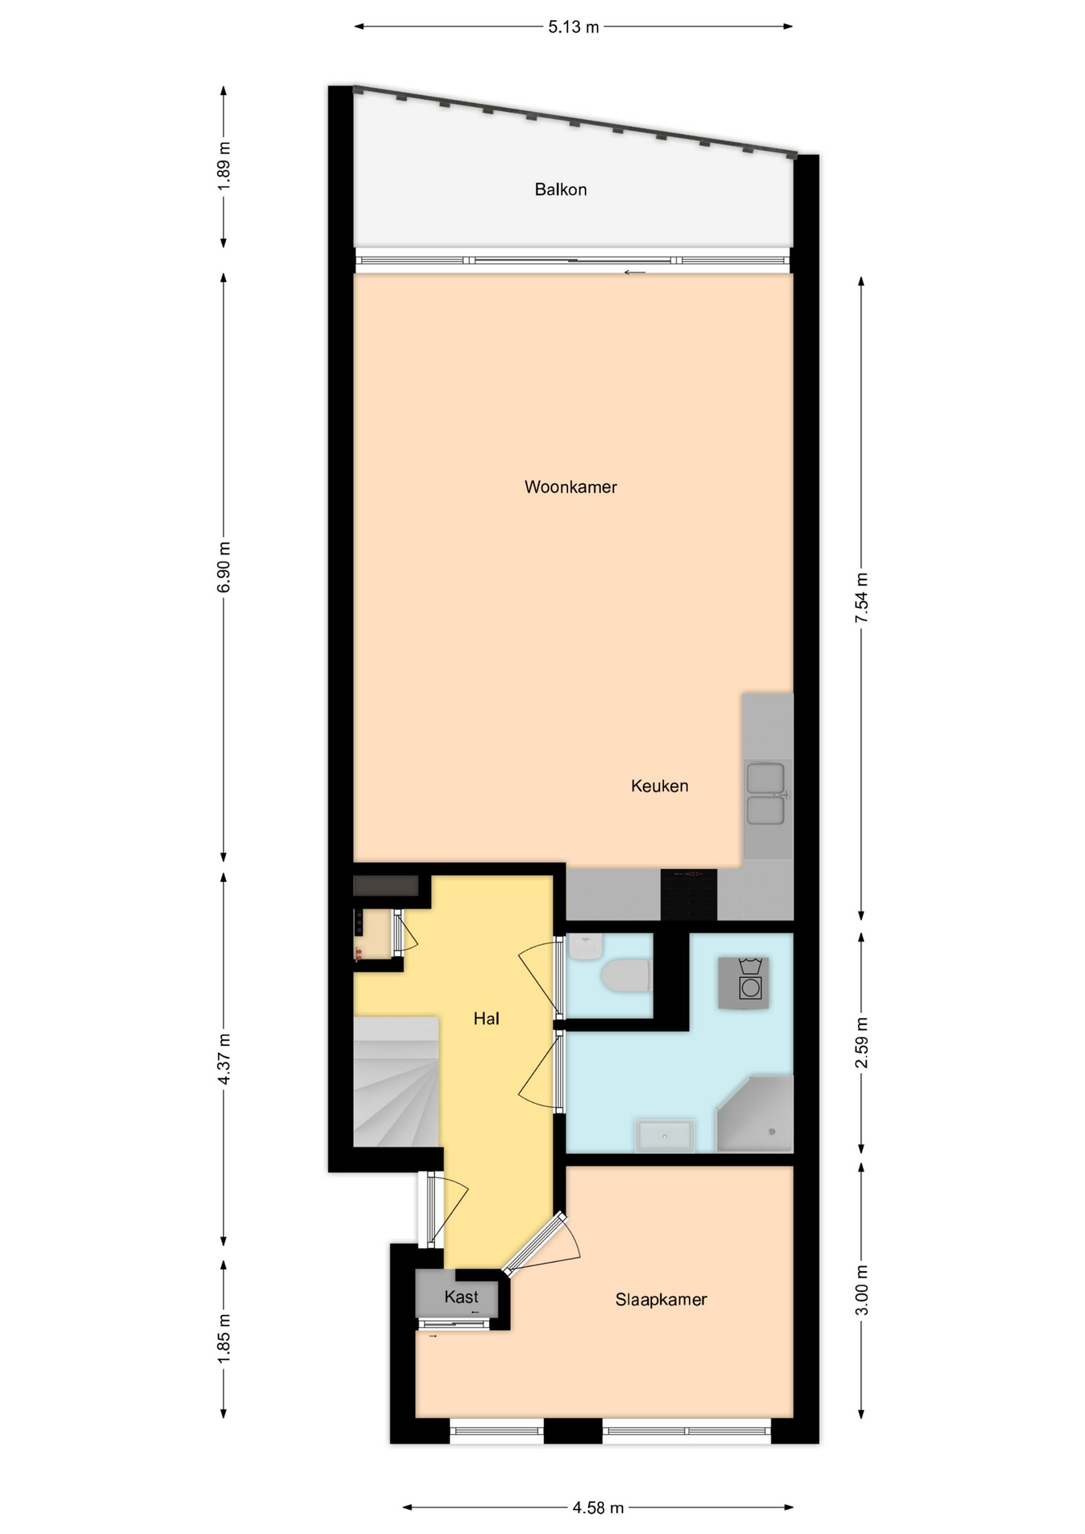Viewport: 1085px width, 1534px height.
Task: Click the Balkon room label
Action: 560,189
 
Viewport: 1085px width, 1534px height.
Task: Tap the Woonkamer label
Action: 570,487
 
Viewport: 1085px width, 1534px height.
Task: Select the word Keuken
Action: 659,785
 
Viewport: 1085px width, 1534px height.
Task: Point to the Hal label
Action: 486,1018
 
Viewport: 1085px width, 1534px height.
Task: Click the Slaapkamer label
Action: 661,1299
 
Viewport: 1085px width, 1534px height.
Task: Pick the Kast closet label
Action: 461,1297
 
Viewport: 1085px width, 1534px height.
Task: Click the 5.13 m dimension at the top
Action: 573,27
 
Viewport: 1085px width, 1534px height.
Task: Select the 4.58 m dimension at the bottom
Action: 598,1508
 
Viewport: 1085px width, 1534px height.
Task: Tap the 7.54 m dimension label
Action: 861,598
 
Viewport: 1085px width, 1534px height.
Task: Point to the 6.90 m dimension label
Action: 224,567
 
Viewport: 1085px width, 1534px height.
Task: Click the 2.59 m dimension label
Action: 861,1043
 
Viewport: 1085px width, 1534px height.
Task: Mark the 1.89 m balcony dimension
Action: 224,166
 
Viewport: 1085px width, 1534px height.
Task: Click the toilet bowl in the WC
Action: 626,976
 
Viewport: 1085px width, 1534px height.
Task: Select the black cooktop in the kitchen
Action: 689,895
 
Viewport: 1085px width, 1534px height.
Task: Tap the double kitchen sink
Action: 765,794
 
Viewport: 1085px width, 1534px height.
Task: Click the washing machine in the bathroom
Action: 744,983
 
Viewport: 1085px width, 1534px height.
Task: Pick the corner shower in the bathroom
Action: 755,1114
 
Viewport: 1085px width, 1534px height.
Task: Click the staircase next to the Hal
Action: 396,1082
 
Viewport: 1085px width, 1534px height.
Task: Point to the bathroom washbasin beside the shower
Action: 664,1135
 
